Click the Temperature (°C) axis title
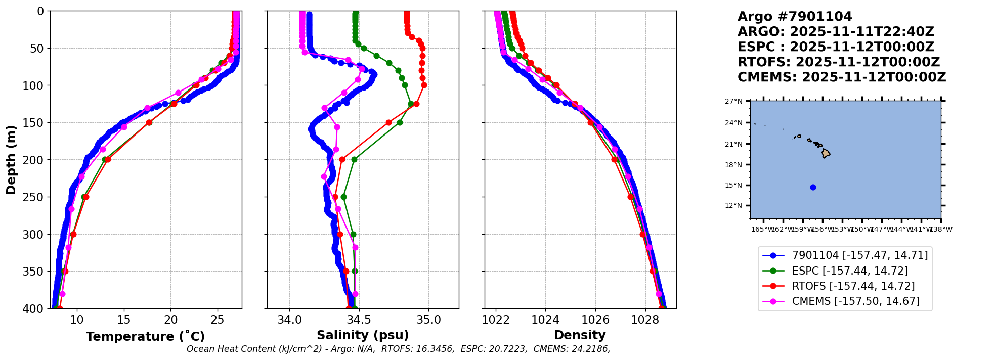(x=145, y=337)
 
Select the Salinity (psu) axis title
(x=363, y=335)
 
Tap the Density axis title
(x=580, y=335)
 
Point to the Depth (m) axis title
(x=11, y=160)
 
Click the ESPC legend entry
(x=849, y=271)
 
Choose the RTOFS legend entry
(x=853, y=286)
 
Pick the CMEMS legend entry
(x=855, y=301)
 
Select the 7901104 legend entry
(x=859, y=256)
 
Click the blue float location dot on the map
(x=813, y=187)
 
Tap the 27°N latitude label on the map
(x=733, y=102)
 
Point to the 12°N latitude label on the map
(x=733, y=206)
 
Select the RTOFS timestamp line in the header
(x=838, y=62)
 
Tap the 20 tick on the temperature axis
(x=171, y=320)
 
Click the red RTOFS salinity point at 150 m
(x=388, y=122)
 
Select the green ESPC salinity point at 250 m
(x=343, y=197)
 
